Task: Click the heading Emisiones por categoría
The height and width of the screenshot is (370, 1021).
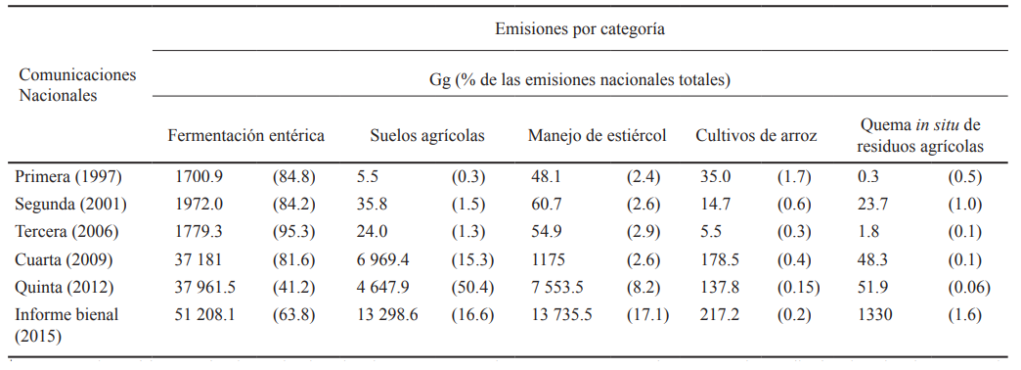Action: pyautogui.click(x=581, y=29)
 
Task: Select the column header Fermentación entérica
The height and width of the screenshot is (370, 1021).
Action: pyautogui.click(x=245, y=136)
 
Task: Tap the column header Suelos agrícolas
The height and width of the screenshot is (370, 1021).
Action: pyautogui.click(x=426, y=136)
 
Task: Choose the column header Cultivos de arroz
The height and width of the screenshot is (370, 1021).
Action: pyautogui.click(x=756, y=136)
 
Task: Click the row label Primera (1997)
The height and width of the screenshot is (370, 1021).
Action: pyautogui.click(x=64, y=177)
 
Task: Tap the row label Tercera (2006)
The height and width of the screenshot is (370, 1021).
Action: pyautogui.click(x=66, y=232)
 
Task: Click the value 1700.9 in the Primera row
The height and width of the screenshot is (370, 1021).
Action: pyautogui.click(x=199, y=177)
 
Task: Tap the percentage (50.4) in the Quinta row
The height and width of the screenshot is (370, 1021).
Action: pyautogui.click(x=472, y=287)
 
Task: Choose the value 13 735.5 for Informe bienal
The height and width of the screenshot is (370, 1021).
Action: pyautogui.click(x=561, y=314)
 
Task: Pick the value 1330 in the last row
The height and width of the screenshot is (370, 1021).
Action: pyautogui.click(x=873, y=314)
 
